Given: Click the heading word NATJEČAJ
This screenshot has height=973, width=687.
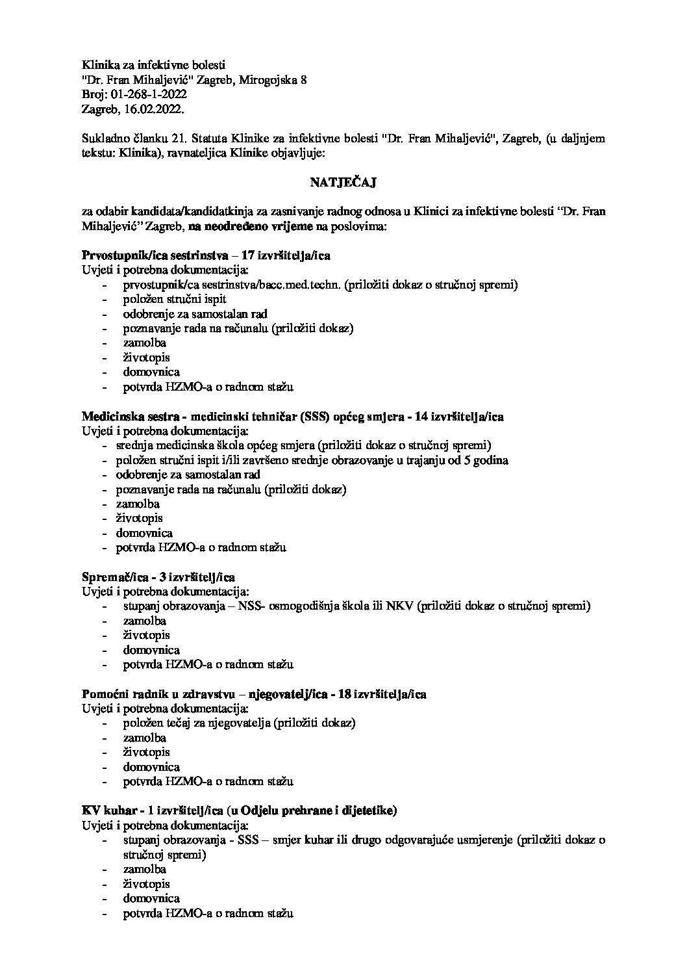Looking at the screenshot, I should [343, 183].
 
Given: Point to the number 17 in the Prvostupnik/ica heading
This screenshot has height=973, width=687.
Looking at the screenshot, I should [247, 255].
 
